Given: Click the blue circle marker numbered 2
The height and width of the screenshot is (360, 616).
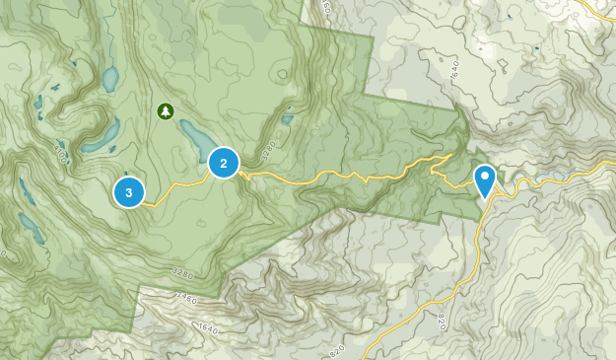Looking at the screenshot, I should (224, 163).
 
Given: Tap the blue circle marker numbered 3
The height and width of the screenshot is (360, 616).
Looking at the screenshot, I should (129, 191).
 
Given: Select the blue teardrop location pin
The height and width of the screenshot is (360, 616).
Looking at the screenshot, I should (485, 180).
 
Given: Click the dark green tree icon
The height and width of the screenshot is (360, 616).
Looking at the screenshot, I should (165, 110).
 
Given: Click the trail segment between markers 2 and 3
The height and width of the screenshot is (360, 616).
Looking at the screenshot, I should (177, 185).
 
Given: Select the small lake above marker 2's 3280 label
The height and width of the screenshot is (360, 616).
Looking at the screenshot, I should (287, 120).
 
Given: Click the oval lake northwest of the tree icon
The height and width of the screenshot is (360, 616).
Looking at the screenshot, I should (110, 78).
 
